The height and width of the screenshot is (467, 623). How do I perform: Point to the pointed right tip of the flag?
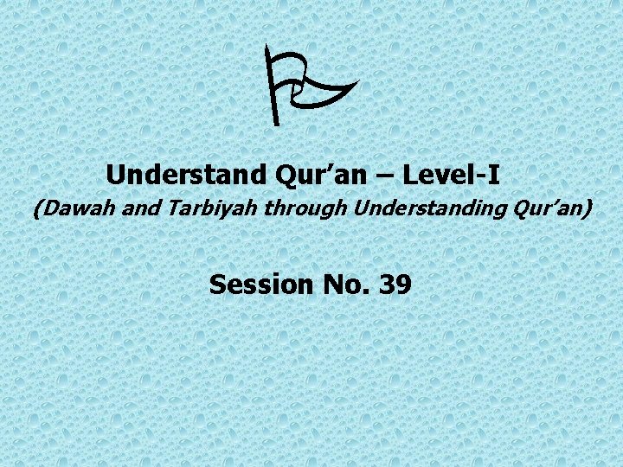[x=357, y=82]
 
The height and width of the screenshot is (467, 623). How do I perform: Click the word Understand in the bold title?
[x=187, y=175]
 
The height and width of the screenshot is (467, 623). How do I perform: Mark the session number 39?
[x=395, y=284]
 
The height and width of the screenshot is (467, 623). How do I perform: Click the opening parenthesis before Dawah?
[x=36, y=209]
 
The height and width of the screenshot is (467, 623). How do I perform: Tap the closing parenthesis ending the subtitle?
[x=589, y=209]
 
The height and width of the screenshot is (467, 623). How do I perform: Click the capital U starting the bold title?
[x=115, y=175]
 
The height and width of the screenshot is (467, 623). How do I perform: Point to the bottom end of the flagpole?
[x=277, y=125]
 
